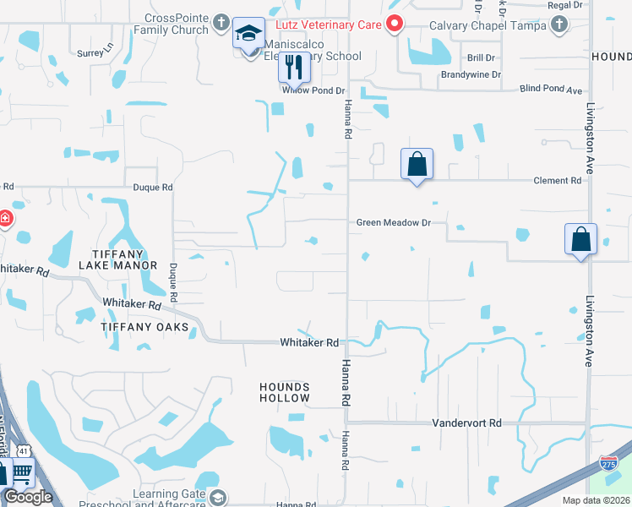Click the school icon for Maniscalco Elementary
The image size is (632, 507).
tap(248, 35)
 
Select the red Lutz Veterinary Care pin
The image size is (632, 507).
tap(393, 24)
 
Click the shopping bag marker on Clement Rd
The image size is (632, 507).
tap(417, 162)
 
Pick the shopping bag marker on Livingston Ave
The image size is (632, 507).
tap(581, 238)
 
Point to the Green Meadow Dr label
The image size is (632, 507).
tap(394, 223)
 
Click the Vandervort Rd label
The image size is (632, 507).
tap(466, 422)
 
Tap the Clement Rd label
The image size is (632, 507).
tap(558, 181)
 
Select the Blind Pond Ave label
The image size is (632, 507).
tap(552, 89)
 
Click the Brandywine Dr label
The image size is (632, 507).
tap(471, 74)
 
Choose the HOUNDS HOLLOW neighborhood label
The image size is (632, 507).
tap(285, 392)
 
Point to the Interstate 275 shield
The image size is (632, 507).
tap(609, 463)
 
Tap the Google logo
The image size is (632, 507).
tap(29, 497)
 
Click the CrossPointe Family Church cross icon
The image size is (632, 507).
tap(221, 23)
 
